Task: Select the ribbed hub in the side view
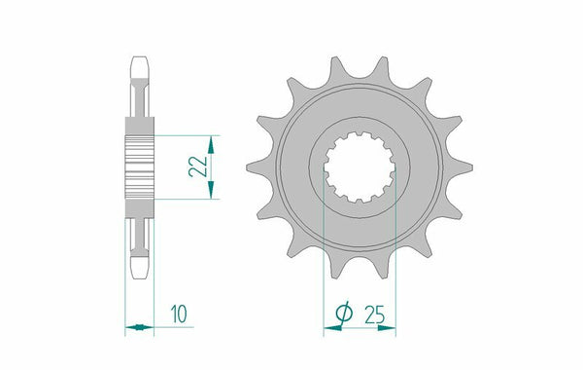click(x=140, y=166)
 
